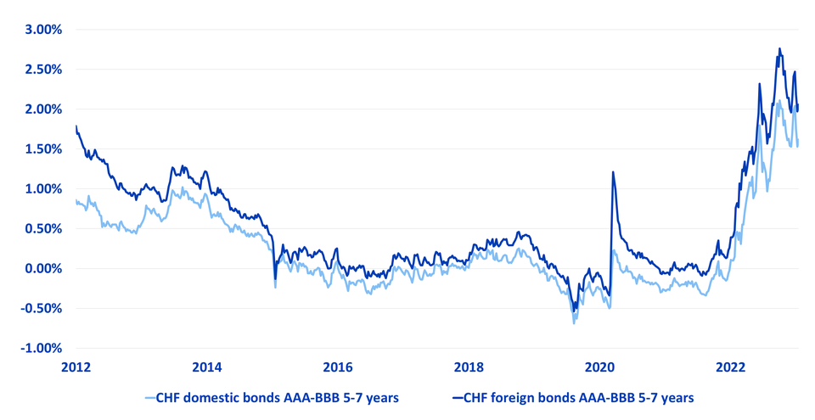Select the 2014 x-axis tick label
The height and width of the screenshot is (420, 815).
(207, 367)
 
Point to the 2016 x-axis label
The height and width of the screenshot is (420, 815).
(338, 367)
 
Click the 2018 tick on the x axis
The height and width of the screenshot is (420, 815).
(469, 367)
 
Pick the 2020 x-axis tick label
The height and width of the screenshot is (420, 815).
(599, 367)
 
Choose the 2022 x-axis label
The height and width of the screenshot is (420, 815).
(731, 367)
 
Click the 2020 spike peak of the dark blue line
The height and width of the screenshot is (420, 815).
(613, 172)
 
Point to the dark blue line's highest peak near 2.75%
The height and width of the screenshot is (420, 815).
(779, 49)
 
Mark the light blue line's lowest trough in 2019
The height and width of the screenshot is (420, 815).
(574, 323)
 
